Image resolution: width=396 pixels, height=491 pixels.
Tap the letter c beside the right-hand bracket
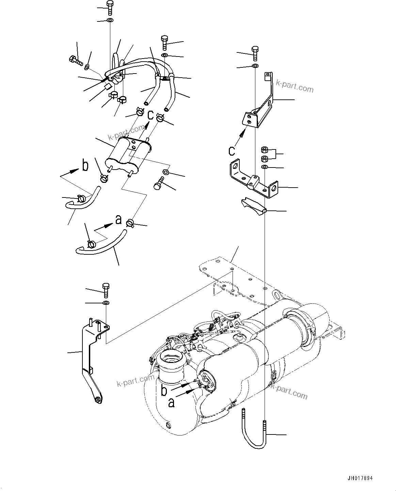(232, 150)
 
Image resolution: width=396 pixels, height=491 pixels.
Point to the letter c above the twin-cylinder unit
(150, 115)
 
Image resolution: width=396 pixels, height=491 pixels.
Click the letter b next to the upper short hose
(85, 165)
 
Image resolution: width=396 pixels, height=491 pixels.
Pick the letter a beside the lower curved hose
(118, 220)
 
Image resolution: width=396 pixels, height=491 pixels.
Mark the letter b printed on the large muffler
(164, 391)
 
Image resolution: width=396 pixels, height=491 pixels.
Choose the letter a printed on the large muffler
(171, 403)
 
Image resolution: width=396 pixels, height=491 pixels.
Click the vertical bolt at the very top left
(110, 7)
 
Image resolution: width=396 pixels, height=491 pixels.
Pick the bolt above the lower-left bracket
(105, 289)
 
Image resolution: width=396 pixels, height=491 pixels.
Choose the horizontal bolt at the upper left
(76, 61)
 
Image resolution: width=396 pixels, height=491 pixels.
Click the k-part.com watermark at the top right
(295, 87)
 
